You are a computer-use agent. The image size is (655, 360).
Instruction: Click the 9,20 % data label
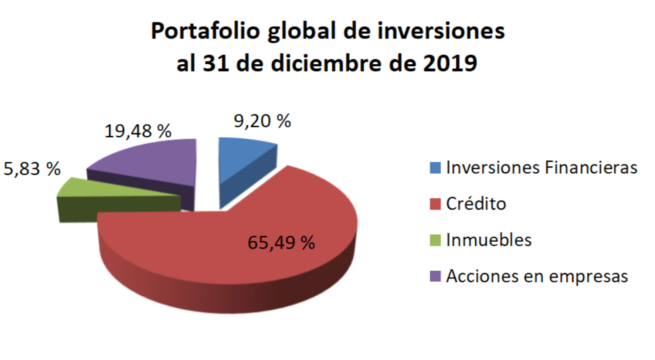click(262, 121)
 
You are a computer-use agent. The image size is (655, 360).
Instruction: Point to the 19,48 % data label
click(138, 131)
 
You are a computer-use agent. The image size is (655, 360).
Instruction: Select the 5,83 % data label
click(32, 169)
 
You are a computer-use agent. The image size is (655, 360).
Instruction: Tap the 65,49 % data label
click(281, 243)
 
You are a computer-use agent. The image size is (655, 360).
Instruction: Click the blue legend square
click(435, 168)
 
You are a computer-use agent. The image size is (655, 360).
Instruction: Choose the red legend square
click(435, 204)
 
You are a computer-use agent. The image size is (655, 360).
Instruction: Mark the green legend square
click(435, 240)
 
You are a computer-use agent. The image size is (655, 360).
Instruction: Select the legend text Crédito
click(476, 204)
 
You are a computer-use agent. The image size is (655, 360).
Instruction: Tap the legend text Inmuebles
click(489, 240)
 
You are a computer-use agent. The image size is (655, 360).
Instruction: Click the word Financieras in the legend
click(591, 167)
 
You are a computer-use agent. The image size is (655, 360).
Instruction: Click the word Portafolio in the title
click(206, 30)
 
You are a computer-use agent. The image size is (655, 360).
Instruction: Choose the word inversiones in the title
click(441, 30)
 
